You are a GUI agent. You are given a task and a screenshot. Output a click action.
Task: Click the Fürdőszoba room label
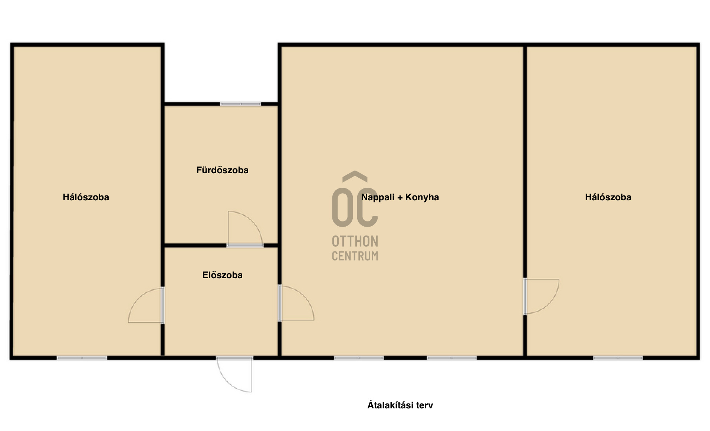222,170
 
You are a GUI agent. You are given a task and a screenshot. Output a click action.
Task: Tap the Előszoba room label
222,275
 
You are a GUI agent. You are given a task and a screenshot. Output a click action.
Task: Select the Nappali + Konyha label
400,197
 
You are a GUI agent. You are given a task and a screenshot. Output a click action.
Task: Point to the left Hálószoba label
86,197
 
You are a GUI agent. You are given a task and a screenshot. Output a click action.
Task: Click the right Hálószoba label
608,197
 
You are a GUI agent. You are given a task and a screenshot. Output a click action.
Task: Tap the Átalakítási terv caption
400,405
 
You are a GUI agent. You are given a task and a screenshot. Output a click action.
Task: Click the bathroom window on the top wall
240,104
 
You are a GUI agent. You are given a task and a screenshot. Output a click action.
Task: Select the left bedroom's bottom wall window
82,358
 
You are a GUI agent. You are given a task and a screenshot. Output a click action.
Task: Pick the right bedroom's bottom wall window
618,358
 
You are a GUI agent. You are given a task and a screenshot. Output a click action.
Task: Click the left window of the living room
359,358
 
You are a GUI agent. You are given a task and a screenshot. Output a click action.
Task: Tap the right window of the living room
451,358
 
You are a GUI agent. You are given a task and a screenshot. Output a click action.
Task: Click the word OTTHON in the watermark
355,241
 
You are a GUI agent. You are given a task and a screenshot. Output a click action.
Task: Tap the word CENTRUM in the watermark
355,256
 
